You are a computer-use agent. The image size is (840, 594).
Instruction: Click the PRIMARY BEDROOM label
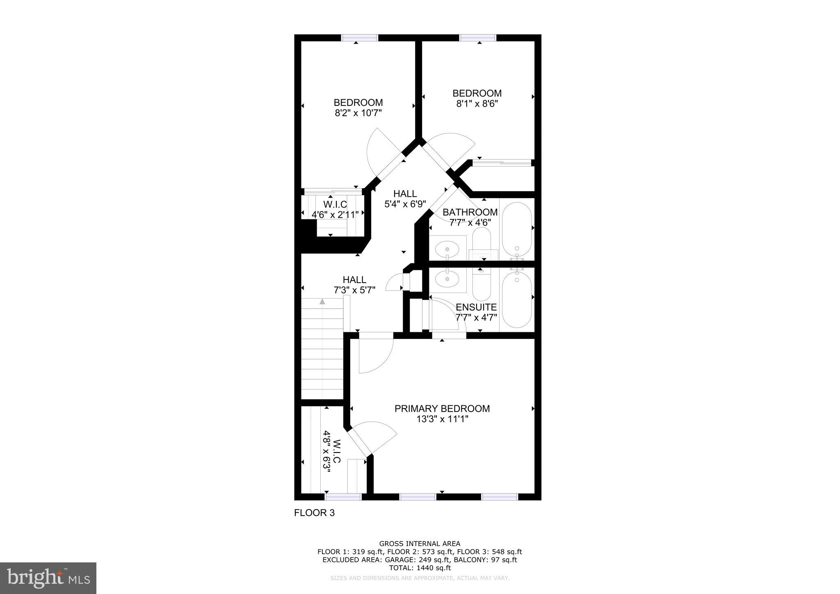click(442, 409)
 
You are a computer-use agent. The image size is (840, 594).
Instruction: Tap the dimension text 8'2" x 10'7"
click(358, 113)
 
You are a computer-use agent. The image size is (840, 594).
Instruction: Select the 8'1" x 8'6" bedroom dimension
click(477, 104)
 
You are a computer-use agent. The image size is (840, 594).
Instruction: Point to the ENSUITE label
click(476, 307)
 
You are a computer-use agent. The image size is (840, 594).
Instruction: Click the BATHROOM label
click(470, 212)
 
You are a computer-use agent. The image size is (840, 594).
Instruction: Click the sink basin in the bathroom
click(447, 249)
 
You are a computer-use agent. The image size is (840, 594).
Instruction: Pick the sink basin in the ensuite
click(447, 279)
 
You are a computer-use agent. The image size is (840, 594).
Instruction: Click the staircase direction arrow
click(322, 302)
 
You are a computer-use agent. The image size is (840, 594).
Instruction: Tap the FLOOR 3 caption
click(314, 513)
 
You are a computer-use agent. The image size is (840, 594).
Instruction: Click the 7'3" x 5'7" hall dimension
click(354, 290)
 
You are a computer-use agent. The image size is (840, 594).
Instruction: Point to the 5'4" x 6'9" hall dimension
click(405, 204)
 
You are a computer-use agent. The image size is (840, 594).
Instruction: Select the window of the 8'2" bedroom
click(360, 38)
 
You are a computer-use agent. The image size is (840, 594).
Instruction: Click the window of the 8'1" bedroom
click(478, 38)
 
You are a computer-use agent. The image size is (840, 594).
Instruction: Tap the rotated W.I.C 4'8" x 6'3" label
click(331, 452)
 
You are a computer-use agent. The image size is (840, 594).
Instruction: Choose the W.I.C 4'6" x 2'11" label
click(335, 209)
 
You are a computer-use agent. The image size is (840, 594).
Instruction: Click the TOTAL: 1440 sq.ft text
click(420, 568)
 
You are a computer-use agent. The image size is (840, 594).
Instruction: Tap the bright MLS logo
click(48, 578)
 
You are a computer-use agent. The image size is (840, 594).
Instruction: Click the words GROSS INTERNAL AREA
click(420, 544)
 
